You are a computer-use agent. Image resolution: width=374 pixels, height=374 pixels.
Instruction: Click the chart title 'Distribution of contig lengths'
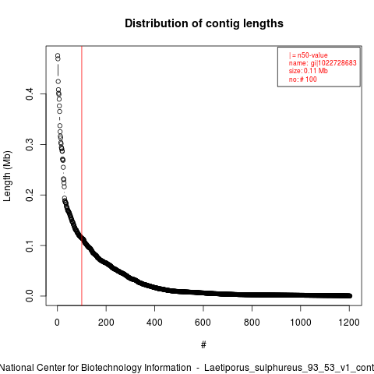[x=204, y=23]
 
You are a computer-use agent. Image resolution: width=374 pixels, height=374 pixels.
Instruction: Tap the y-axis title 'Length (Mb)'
[x=7, y=176]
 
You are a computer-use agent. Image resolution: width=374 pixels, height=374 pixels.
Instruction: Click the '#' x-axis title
[x=203, y=345]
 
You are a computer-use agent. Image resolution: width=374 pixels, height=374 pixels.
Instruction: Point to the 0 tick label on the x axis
[x=57, y=323]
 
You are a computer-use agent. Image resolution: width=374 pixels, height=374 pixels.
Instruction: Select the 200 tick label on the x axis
[x=106, y=323]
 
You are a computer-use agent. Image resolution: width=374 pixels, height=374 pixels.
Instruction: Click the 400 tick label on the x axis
[x=154, y=323]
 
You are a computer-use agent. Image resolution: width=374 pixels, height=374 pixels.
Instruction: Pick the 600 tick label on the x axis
[x=203, y=323]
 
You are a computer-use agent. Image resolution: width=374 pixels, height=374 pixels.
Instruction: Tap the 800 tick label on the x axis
[x=252, y=323]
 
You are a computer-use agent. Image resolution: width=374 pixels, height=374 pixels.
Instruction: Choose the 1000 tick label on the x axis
[x=301, y=323]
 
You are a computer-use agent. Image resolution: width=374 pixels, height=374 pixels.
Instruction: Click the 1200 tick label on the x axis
[x=349, y=323]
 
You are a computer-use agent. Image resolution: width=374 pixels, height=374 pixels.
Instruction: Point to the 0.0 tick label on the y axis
[x=30, y=296]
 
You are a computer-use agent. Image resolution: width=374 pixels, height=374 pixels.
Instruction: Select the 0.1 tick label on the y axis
[x=30, y=245]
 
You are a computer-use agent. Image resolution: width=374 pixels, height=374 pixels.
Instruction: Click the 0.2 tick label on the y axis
[x=30, y=195]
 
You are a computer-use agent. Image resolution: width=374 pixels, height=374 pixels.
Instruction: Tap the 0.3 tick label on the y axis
[x=30, y=144]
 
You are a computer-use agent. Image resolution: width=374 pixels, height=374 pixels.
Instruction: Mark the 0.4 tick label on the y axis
[x=30, y=93]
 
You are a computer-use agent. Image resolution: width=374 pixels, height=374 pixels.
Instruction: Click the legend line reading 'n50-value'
[x=312, y=55]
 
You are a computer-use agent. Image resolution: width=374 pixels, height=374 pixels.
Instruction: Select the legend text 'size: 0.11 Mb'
[x=309, y=71]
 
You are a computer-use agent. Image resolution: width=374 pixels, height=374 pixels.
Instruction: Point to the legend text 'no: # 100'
[x=303, y=79]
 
